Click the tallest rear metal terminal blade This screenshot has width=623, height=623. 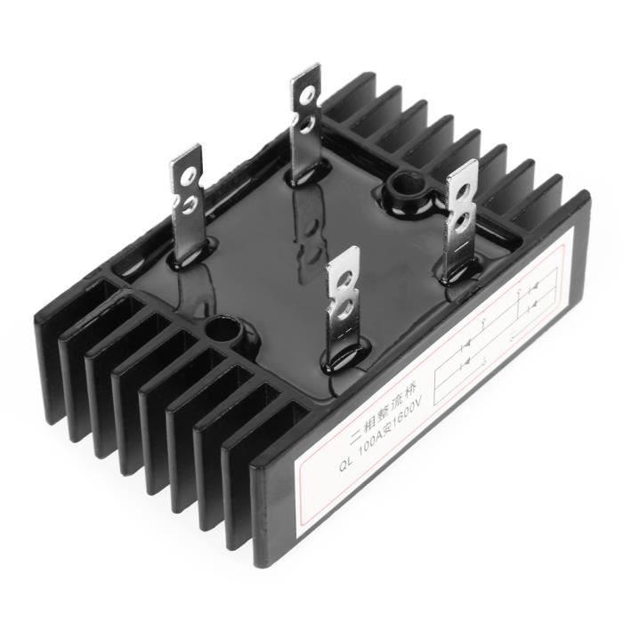pyautogui.click(x=305, y=125)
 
